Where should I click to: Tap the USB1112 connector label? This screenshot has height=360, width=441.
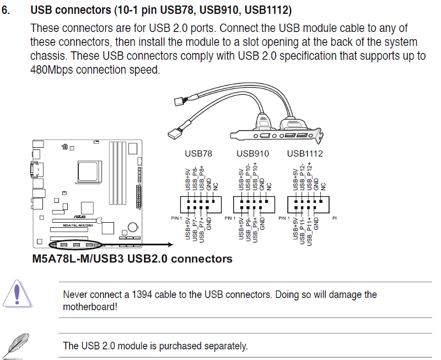tap(305, 153)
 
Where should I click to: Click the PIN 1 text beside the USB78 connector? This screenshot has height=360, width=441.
tap(176, 218)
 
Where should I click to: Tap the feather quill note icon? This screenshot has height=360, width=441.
tap(19, 346)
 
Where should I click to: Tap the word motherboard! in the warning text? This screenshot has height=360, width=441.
tap(90, 307)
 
